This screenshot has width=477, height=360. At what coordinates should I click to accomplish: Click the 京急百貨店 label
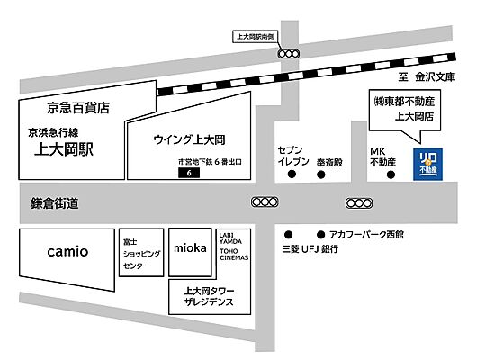[x=79, y=107]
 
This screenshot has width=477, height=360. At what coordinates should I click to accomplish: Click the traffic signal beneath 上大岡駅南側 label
[x=288, y=54]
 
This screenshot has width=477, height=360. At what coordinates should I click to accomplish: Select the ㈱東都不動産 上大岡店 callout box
[x=404, y=109]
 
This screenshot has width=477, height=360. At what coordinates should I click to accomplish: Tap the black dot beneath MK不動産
[x=390, y=175]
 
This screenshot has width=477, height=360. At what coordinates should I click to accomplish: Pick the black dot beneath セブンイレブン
[x=290, y=175]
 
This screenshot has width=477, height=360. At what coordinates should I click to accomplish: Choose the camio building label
[x=67, y=251]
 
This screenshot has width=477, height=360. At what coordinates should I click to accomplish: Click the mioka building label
[x=190, y=247]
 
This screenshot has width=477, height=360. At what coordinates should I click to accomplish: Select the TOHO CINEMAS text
[x=234, y=252]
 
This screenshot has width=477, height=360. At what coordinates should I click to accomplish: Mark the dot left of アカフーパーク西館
[x=320, y=232]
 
